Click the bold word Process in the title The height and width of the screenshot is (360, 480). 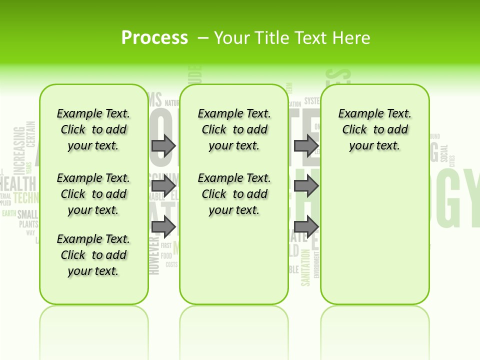(154, 37)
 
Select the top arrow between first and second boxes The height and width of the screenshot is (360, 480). (163, 145)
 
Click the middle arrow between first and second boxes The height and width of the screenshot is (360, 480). (163, 186)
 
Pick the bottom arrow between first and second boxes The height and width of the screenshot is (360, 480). (163, 226)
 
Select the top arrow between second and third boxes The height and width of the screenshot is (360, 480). (306, 145)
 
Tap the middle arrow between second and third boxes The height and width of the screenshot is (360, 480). (306, 186)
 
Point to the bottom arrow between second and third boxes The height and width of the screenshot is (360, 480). (306, 226)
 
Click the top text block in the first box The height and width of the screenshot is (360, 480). (93, 129)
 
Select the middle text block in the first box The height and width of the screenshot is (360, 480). (93, 194)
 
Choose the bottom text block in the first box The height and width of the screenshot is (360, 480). (93, 255)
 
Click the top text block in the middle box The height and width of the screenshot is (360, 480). (234, 129)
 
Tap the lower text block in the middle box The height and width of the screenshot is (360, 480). (234, 194)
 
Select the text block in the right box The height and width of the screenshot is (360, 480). (374, 129)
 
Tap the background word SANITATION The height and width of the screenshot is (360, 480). (306, 267)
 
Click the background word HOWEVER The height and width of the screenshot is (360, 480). (154, 255)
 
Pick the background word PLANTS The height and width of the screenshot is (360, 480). (28, 224)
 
